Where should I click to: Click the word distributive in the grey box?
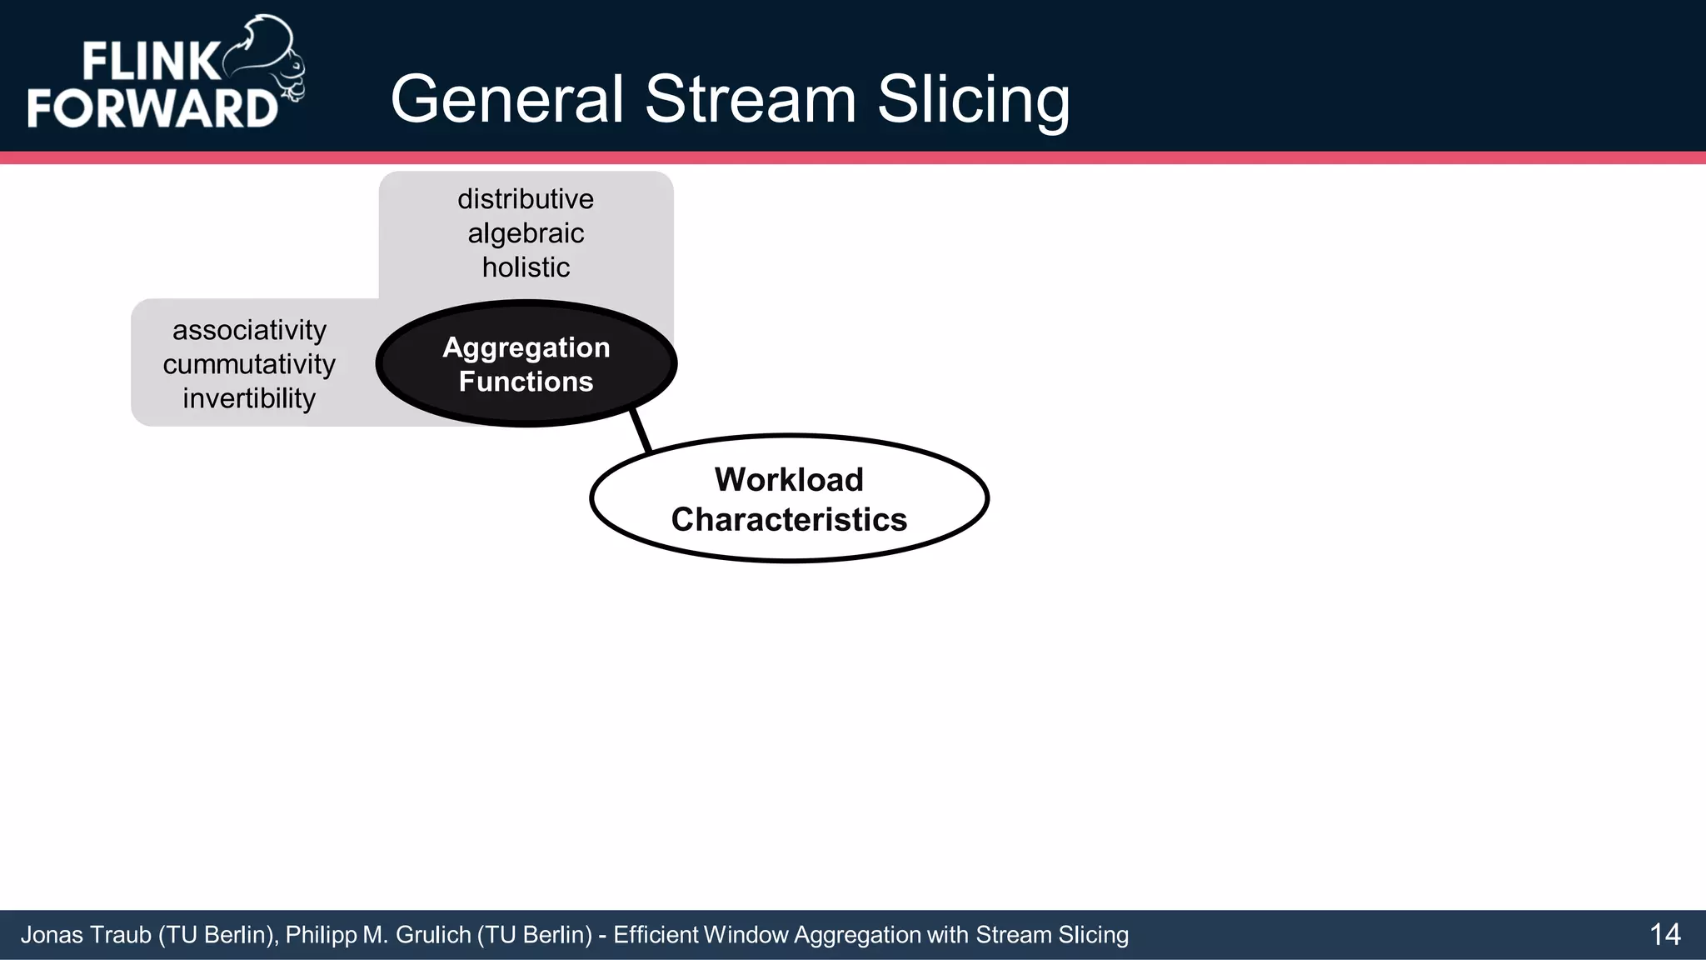click(x=526, y=199)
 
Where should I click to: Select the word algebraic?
click(x=526, y=233)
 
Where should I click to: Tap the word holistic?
click(x=526, y=267)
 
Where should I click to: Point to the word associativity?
click(x=249, y=330)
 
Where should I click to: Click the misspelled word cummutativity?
click(x=249, y=364)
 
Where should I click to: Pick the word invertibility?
click(x=249, y=398)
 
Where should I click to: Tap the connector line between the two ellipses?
click(x=641, y=431)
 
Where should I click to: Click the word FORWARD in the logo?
click(x=152, y=108)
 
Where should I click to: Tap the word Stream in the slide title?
click(x=750, y=99)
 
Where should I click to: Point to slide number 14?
click(x=1664, y=935)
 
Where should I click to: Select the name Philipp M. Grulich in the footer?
click(x=378, y=935)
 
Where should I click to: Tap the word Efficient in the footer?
click(x=656, y=935)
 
